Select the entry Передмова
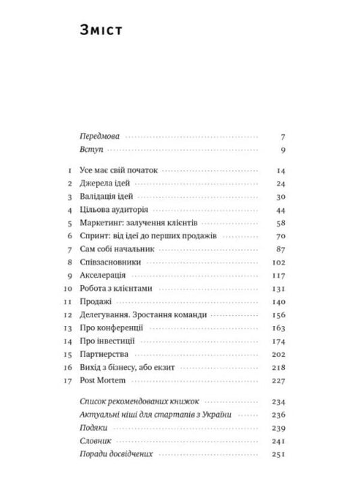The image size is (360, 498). pyautogui.click(x=99, y=136)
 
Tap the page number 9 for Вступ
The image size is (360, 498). pyautogui.click(x=284, y=150)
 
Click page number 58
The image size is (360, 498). pyautogui.click(x=282, y=223)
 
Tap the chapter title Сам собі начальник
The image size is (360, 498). pyautogui.click(x=112, y=249)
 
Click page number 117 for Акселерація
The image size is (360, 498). pyautogui.click(x=280, y=275)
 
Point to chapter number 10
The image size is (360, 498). pyautogui.click(x=68, y=289)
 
